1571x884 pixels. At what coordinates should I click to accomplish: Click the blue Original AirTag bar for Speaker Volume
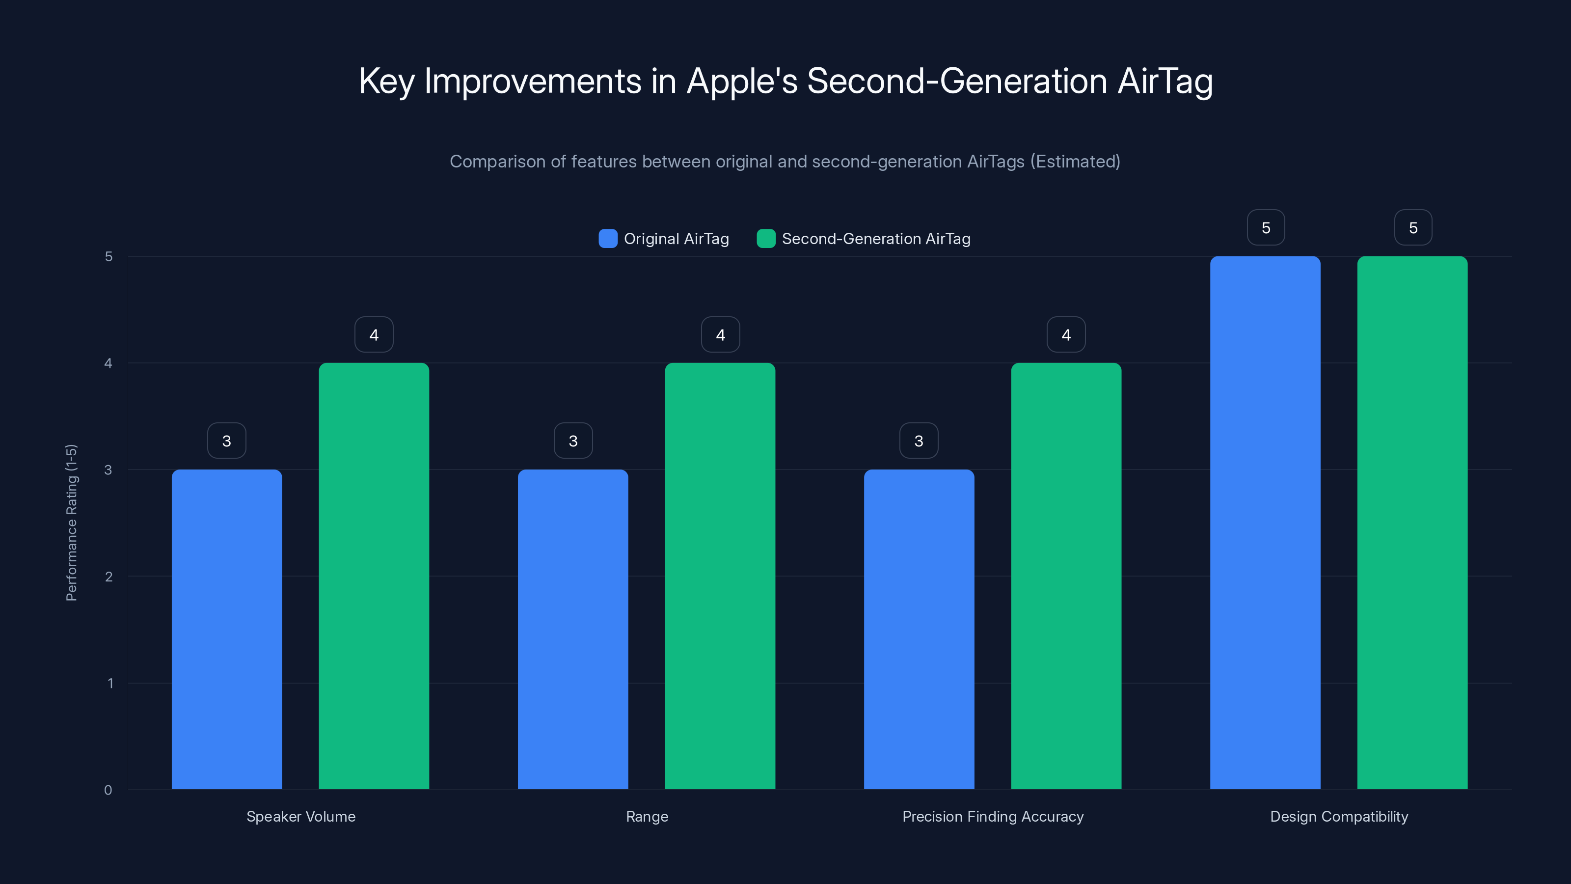click(x=226, y=629)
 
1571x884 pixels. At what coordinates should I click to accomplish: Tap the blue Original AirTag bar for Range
click(x=572, y=629)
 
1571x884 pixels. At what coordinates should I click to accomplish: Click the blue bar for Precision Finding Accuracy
click(x=919, y=629)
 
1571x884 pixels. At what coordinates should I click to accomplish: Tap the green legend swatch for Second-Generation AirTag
click(x=765, y=239)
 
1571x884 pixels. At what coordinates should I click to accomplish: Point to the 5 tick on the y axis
click(x=108, y=256)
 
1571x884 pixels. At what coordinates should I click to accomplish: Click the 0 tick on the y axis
click(x=108, y=790)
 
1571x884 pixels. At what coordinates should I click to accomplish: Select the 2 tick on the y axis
click(x=108, y=577)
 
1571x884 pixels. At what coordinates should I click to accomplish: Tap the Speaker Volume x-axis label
click(x=300, y=816)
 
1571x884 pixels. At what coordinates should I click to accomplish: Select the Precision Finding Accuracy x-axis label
click(x=993, y=816)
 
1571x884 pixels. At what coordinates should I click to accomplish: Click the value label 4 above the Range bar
click(x=720, y=334)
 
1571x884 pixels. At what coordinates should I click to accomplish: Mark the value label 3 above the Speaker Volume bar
click(x=226, y=441)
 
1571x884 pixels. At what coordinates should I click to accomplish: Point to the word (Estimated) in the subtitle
click(x=1075, y=161)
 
